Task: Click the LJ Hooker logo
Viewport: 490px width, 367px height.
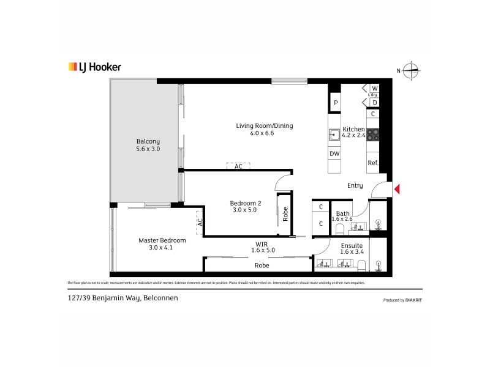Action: (x=94, y=67)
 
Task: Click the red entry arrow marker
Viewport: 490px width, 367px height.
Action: (x=397, y=189)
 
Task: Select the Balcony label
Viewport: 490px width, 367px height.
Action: (x=148, y=145)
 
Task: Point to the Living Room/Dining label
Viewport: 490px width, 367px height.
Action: (x=265, y=130)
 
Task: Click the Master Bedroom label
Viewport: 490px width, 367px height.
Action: (x=162, y=244)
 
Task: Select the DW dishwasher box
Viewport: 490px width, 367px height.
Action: (x=334, y=154)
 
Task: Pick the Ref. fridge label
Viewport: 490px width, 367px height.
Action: (x=372, y=163)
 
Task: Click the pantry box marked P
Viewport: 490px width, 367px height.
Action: (x=335, y=103)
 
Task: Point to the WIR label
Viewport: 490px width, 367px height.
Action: (x=261, y=246)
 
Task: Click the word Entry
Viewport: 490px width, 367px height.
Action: (x=355, y=185)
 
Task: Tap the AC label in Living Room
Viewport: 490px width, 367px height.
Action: (x=238, y=166)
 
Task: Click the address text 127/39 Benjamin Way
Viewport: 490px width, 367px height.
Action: (x=104, y=298)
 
